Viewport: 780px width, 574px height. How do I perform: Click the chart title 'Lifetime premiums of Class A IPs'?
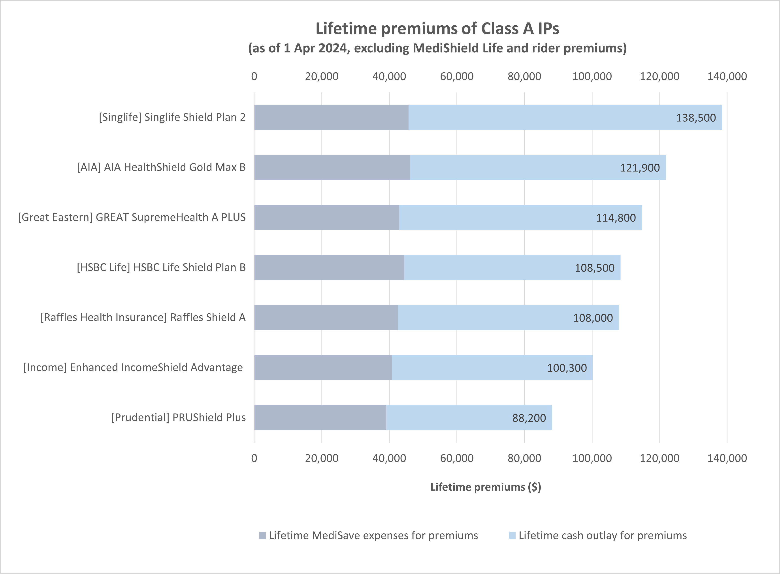[437, 28]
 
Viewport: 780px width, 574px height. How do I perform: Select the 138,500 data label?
[695, 118]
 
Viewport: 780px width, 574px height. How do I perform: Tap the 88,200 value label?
[529, 418]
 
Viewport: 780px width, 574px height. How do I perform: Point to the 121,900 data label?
[640, 168]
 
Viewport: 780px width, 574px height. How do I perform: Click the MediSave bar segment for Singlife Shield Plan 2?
[331, 117]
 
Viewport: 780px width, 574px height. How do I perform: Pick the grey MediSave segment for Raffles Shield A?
[326, 318]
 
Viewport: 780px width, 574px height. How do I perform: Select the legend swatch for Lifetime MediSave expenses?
[262, 536]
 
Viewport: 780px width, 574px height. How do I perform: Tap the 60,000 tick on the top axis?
[456, 76]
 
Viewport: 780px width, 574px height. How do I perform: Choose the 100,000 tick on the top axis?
[592, 76]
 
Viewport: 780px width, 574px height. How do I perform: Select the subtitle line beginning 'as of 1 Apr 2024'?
[437, 48]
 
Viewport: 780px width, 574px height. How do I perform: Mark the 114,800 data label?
[616, 218]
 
